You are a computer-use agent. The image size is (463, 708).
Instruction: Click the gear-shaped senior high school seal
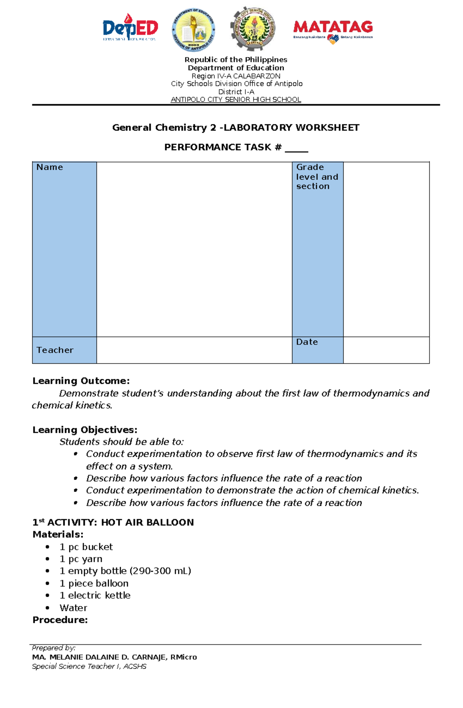[253, 29]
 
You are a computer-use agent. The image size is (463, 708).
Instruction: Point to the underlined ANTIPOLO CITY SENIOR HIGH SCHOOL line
[236, 100]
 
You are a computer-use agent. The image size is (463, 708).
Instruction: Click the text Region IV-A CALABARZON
[236, 76]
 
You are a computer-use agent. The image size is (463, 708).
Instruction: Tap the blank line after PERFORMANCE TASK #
[296, 149]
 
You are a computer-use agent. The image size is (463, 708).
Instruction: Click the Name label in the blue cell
[50, 167]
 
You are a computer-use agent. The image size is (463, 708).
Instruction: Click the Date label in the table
[307, 342]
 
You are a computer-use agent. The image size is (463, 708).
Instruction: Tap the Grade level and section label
[317, 177]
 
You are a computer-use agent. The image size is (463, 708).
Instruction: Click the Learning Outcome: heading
[81, 381]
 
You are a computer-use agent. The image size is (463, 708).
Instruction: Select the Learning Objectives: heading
[85, 430]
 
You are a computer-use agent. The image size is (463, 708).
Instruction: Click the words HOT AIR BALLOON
[147, 522]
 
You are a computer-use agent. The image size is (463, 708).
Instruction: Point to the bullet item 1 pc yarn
[81, 559]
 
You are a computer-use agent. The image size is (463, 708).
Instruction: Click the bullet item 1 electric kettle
[95, 595]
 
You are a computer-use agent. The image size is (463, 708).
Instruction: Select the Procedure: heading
[60, 620]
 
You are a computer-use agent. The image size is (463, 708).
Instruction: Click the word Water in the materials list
[73, 608]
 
